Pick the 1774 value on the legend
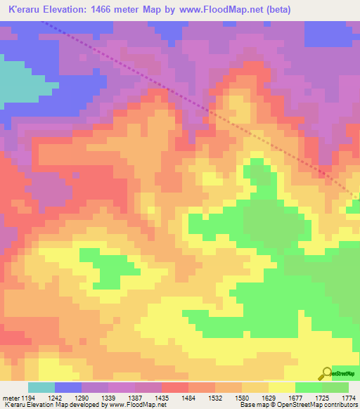click(347, 398)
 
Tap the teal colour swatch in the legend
click(41, 387)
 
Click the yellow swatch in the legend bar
click(281, 387)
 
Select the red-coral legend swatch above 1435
click(174, 387)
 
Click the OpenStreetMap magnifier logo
click(326, 373)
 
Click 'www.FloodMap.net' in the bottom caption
click(134, 405)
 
